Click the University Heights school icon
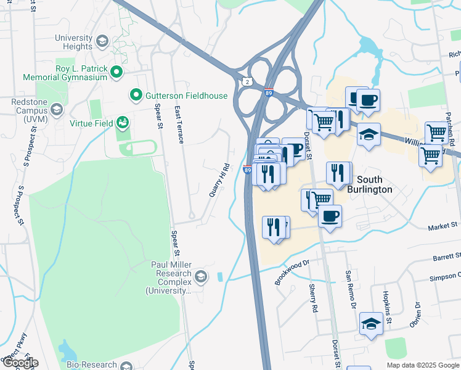(102, 41)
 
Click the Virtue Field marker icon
(123, 123)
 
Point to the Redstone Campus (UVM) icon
(57, 110)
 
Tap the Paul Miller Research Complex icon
(200, 277)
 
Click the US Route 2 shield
(247, 81)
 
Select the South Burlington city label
(369, 184)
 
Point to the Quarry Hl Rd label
(219, 180)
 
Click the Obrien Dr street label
(418, 315)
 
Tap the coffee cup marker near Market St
(330, 216)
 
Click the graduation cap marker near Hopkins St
(370, 324)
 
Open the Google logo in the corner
(20, 363)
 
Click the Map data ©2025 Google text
(422, 365)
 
